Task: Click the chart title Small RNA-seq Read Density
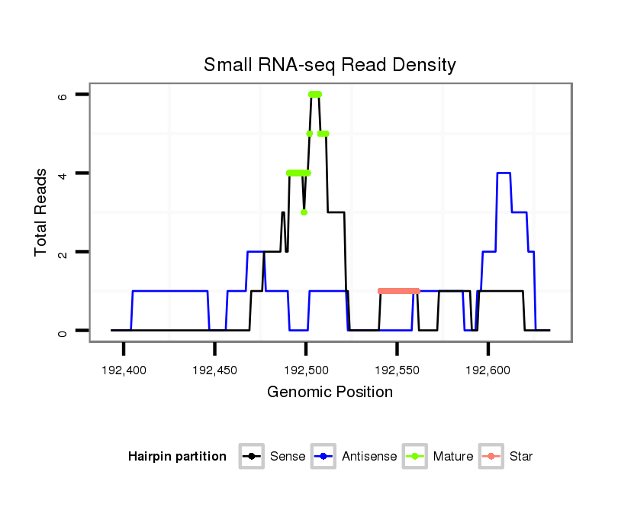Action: [x=330, y=65]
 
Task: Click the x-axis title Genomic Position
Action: [x=330, y=393]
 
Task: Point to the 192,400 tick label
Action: [x=124, y=370]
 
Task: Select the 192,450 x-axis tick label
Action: [x=214, y=370]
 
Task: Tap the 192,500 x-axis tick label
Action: [x=306, y=370]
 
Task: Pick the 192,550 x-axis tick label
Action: [x=397, y=370]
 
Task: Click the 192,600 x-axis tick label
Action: [x=488, y=370]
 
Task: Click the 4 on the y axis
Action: [x=64, y=173]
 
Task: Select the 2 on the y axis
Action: [x=64, y=252]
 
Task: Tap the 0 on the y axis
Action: [x=64, y=331]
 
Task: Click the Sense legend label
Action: [x=288, y=457]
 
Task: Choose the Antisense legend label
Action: [x=369, y=457]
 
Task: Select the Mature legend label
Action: [x=452, y=457]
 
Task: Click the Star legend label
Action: [x=520, y=457]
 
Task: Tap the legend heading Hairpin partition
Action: [x=177, y=457]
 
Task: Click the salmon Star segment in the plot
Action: [x=399, y=291]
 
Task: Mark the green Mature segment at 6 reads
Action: [x=315, y=94]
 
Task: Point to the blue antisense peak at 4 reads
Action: [x=504, y=173]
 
